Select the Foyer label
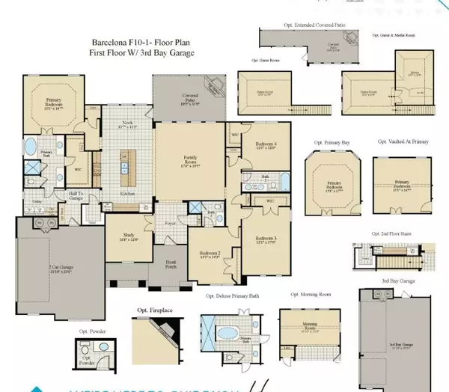[x=171, y=222]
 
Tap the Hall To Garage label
[x=76, y=195]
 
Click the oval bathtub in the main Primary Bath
[x=31, y=145]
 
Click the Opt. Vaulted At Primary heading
[x=403, y=140]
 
